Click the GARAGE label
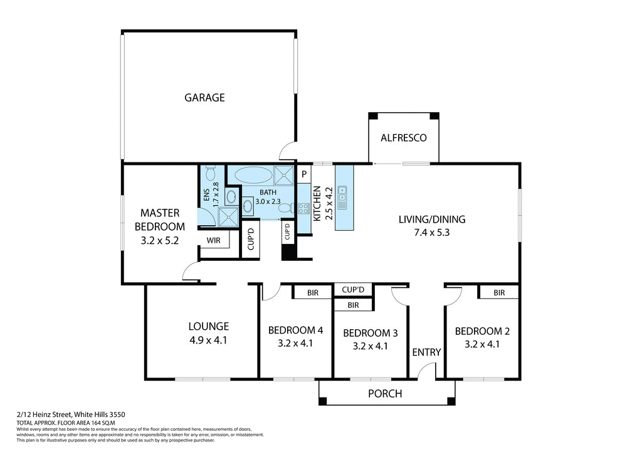[204, 98]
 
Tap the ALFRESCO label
[404, 137]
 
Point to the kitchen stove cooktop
[303, 209]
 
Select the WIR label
[213, 240]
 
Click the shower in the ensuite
[228, 216]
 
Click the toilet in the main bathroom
[285, 207]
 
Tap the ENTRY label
[426, 352]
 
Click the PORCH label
[384, 394]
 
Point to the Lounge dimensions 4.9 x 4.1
[208, 340]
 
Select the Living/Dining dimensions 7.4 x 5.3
[432, 232]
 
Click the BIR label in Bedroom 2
[499, 292]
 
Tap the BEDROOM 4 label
[296, 330]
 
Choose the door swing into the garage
[288, 152]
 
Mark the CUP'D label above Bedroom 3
[353, 290]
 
